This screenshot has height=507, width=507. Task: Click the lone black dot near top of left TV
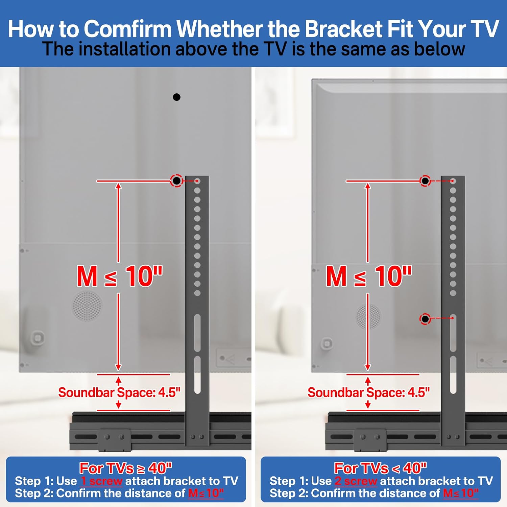pos(176,97)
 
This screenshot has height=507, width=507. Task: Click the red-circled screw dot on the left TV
pos(176,181)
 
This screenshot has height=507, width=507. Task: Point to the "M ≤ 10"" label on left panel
pos(120,276)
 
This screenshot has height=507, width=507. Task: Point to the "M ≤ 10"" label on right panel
pos(369,276)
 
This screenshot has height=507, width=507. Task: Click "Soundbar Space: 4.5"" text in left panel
pos(119,392)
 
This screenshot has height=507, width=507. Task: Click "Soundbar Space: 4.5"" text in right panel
pos(368,392)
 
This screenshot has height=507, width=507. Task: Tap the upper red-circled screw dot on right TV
pos(425,181)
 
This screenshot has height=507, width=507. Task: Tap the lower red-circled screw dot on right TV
pos(425,319)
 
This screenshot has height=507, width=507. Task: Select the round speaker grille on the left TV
pos(87,306)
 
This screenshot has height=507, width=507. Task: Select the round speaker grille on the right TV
pos(369,316)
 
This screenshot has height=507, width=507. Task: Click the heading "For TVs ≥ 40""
pos(126,468)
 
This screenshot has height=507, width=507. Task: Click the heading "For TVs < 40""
pos(381,468)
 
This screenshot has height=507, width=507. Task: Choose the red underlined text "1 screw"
pos(101,481)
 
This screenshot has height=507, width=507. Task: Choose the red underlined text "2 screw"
pos(356,481)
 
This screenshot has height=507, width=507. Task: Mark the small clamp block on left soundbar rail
pos(115,440)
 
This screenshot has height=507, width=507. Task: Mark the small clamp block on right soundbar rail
pos(370,440)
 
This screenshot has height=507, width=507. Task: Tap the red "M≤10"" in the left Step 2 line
pos(206,493)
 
